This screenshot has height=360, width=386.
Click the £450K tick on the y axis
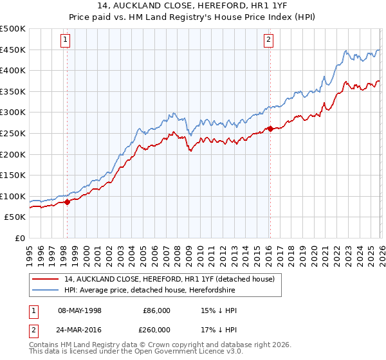[13, 50]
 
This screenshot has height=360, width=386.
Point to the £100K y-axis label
[13, 196]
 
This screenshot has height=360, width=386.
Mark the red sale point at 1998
[67, 202]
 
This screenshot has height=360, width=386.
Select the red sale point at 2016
[270, 129]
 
